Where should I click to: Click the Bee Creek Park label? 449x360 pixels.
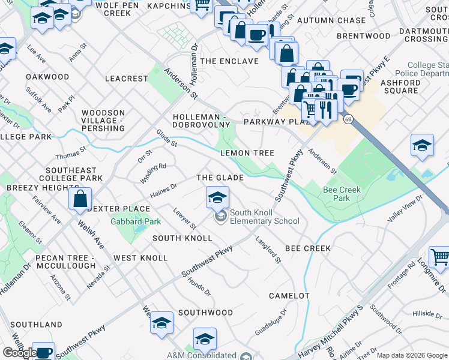click(341, 194)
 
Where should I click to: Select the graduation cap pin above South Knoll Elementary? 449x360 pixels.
click(217, 197)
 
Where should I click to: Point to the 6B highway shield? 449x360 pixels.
click(348, 119)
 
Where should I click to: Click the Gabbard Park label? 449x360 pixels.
click(135, 221)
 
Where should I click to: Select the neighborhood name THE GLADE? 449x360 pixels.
click(220, 178)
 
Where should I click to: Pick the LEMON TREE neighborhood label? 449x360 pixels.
click(247, 153)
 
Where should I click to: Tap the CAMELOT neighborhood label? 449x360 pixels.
click(289, 296)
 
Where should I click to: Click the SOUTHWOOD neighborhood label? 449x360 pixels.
click(205, 313)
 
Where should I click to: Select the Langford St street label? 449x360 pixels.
click(268, 250)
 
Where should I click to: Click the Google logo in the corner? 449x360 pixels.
click(19, 353)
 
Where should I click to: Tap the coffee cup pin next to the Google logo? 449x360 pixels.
click(43, 352)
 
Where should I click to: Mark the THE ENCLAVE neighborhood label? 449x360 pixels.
click(229, 61)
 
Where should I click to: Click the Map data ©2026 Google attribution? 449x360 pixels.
click(412, 355)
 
